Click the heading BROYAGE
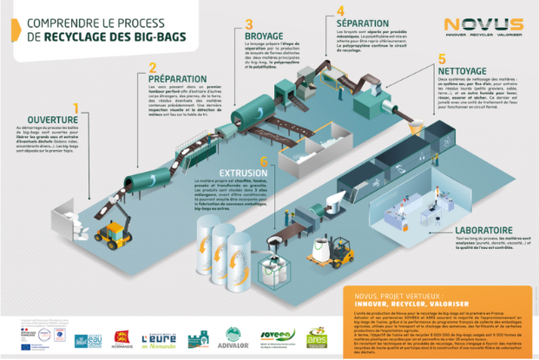[266, 36]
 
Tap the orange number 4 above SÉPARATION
[341, 11]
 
